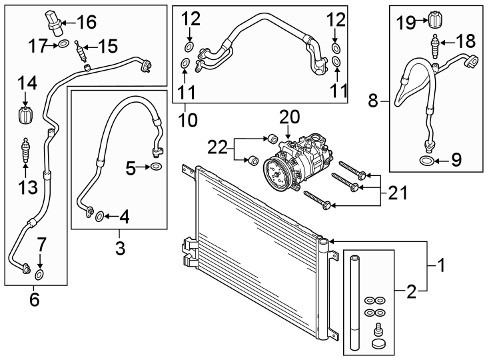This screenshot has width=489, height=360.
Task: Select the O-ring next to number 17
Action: coord(63,45)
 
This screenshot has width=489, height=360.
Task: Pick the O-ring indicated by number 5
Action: coord(155,166)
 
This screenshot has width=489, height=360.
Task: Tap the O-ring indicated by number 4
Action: coord(98,215)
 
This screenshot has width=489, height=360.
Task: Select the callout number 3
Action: coord(119,249)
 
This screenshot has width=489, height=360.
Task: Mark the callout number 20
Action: coord(290,117)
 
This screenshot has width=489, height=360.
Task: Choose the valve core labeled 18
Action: coord(434,47)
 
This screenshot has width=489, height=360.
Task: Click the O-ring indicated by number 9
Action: coord(425,160)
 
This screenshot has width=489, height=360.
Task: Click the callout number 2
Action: coord(412,291)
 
